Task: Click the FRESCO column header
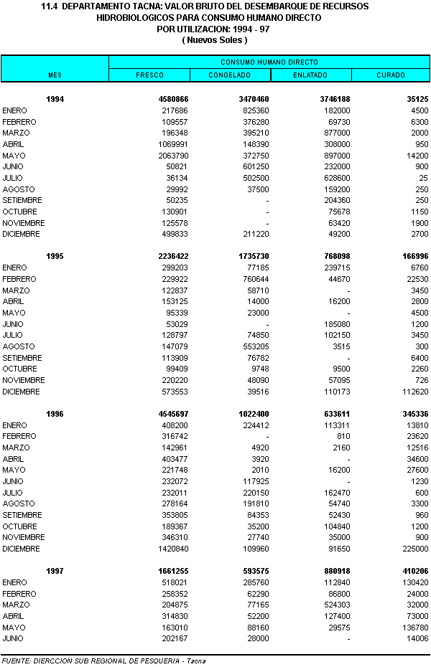coord(149,75)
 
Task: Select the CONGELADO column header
coord(229,75)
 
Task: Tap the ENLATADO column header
coord(310,75)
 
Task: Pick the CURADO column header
coord(391,75)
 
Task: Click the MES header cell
coord(55,75)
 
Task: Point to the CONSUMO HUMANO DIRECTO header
coord(269,62)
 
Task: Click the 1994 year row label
coord(55,100)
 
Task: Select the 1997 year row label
coord(55,571)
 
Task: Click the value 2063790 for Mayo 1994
coord(173,156)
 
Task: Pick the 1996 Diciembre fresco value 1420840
coord(173,549)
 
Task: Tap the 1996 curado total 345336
coord(412,414)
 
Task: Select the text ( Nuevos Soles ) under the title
coord(215,40)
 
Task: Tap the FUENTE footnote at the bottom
coord(103,661)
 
